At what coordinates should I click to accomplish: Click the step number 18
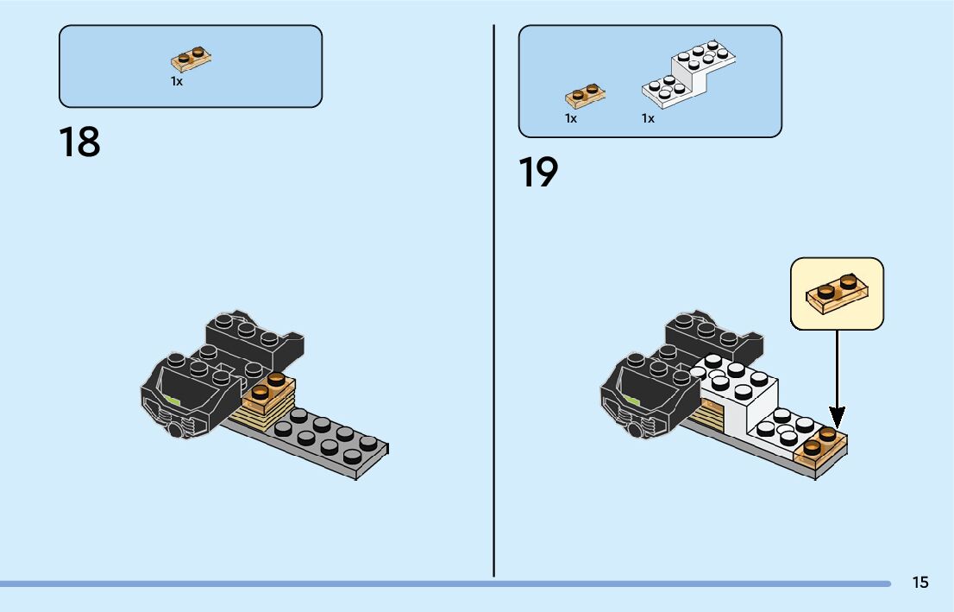coord(79,142)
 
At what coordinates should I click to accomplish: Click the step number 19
coord(538,172)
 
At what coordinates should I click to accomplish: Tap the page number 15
coord(919,582)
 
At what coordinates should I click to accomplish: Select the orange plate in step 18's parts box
coord(191,59)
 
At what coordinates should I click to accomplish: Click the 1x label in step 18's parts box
coord(177,81)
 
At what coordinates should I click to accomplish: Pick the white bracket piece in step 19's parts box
coord(688,75)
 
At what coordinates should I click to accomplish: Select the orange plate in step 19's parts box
coord(586,96)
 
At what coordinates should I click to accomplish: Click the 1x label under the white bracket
coord(648,118)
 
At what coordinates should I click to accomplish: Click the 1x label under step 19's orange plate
coord(571,118)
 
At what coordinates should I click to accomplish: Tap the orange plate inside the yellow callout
coord(838,294)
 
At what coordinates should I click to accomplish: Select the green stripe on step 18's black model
coord(173,401)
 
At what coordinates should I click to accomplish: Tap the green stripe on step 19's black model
coord(631,401)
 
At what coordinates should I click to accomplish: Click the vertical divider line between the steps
coord(493,301)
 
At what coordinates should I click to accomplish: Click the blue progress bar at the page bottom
coord(445,584)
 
